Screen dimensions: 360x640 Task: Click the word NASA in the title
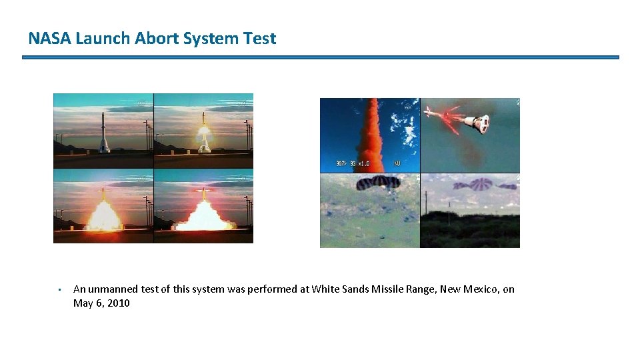[50, 39]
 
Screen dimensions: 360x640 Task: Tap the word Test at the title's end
[260, 39]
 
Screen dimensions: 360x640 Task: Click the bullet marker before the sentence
[59, 290]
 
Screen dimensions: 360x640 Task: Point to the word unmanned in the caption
[112, 289]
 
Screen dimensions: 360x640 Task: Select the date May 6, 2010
[101, 303]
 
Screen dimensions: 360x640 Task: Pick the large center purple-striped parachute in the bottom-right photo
[481, 185]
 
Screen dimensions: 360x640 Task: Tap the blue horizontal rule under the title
[320, 57]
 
